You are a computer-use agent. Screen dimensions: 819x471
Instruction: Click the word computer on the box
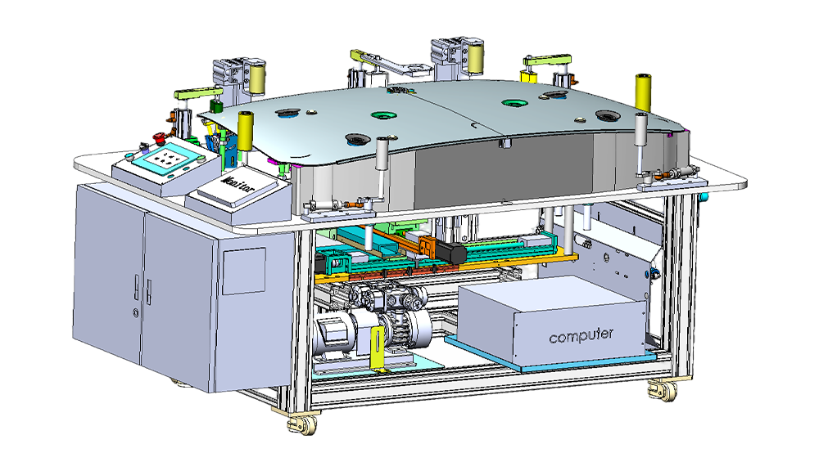point(581,335)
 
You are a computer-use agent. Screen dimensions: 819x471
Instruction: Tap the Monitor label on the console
point(238,184)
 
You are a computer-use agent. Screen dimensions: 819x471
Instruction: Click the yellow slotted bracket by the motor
point(376,348)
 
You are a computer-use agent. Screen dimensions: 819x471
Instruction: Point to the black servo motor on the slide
point(450,252)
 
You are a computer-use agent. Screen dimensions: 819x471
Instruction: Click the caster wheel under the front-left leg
point(302,423)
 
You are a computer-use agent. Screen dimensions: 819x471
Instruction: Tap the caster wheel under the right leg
point(663,391)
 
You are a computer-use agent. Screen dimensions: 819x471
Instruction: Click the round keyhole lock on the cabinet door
point(136,313)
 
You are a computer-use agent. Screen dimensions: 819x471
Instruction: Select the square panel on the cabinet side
point(244,271)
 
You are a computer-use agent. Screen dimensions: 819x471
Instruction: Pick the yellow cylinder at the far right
point(643,93)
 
